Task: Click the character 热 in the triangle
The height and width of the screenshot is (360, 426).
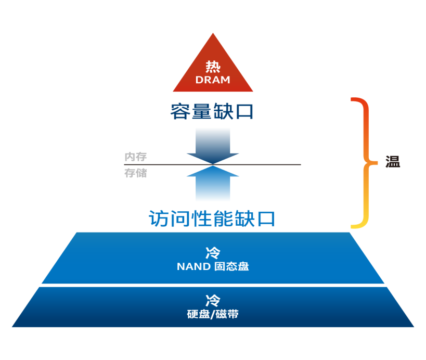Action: pyautogui.click(x=213, y=67)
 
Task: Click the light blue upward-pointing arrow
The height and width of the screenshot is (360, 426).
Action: pyautogui.click(x=213, y=185)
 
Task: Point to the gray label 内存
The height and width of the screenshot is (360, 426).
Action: pyautogui.click(x=135, y=157)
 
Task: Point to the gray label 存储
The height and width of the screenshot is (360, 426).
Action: pyautogui.click(x=135, y=173)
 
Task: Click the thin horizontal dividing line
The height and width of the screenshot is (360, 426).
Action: pyautogui.click(x=270, y=164)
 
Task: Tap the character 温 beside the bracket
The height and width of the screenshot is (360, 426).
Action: pyautogui.click(x=393, y=162)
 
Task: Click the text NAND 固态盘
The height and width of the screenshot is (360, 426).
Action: pyautogui.click(x=213, y=267)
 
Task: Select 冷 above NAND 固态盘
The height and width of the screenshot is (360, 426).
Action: pyautogui.click(x=213, y=253)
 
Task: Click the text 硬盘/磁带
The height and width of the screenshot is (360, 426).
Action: pyautogui.click(x=213, y=314)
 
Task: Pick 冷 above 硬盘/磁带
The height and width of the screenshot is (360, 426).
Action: pyautogui.click(x=213, y=300)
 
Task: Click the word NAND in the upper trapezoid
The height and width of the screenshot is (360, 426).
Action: pyautogui.click(x=193, y=267)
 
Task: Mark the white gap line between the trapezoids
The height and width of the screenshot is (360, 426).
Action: pyautogui.click(x=213, y=286)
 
